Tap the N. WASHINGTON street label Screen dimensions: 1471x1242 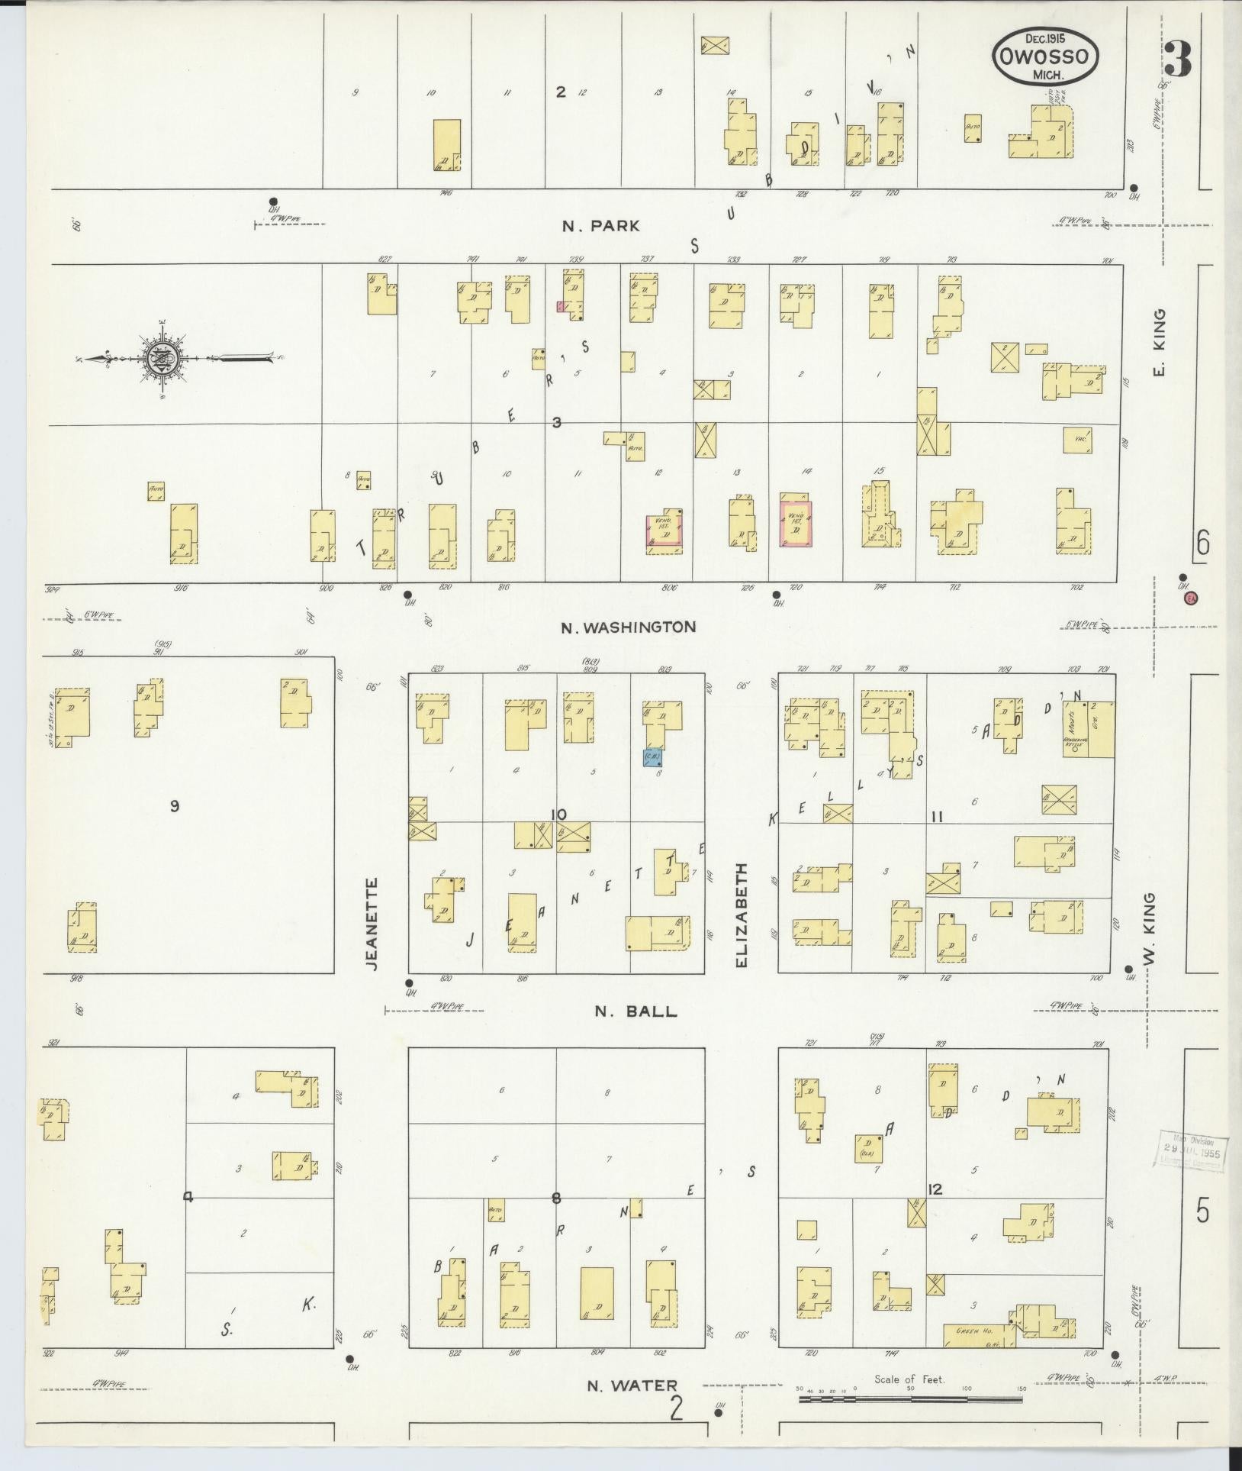(628, 627)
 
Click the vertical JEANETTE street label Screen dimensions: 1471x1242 (372, 923)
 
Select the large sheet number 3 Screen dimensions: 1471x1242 (1178, 59)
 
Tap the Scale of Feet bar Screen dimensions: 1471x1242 (911, 1399)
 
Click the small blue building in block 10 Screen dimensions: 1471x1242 (652, 758)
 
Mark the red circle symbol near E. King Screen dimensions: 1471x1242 (1190, 599)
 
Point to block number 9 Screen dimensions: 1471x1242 (175, 806)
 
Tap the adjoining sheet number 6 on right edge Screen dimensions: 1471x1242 (1203, 545)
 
